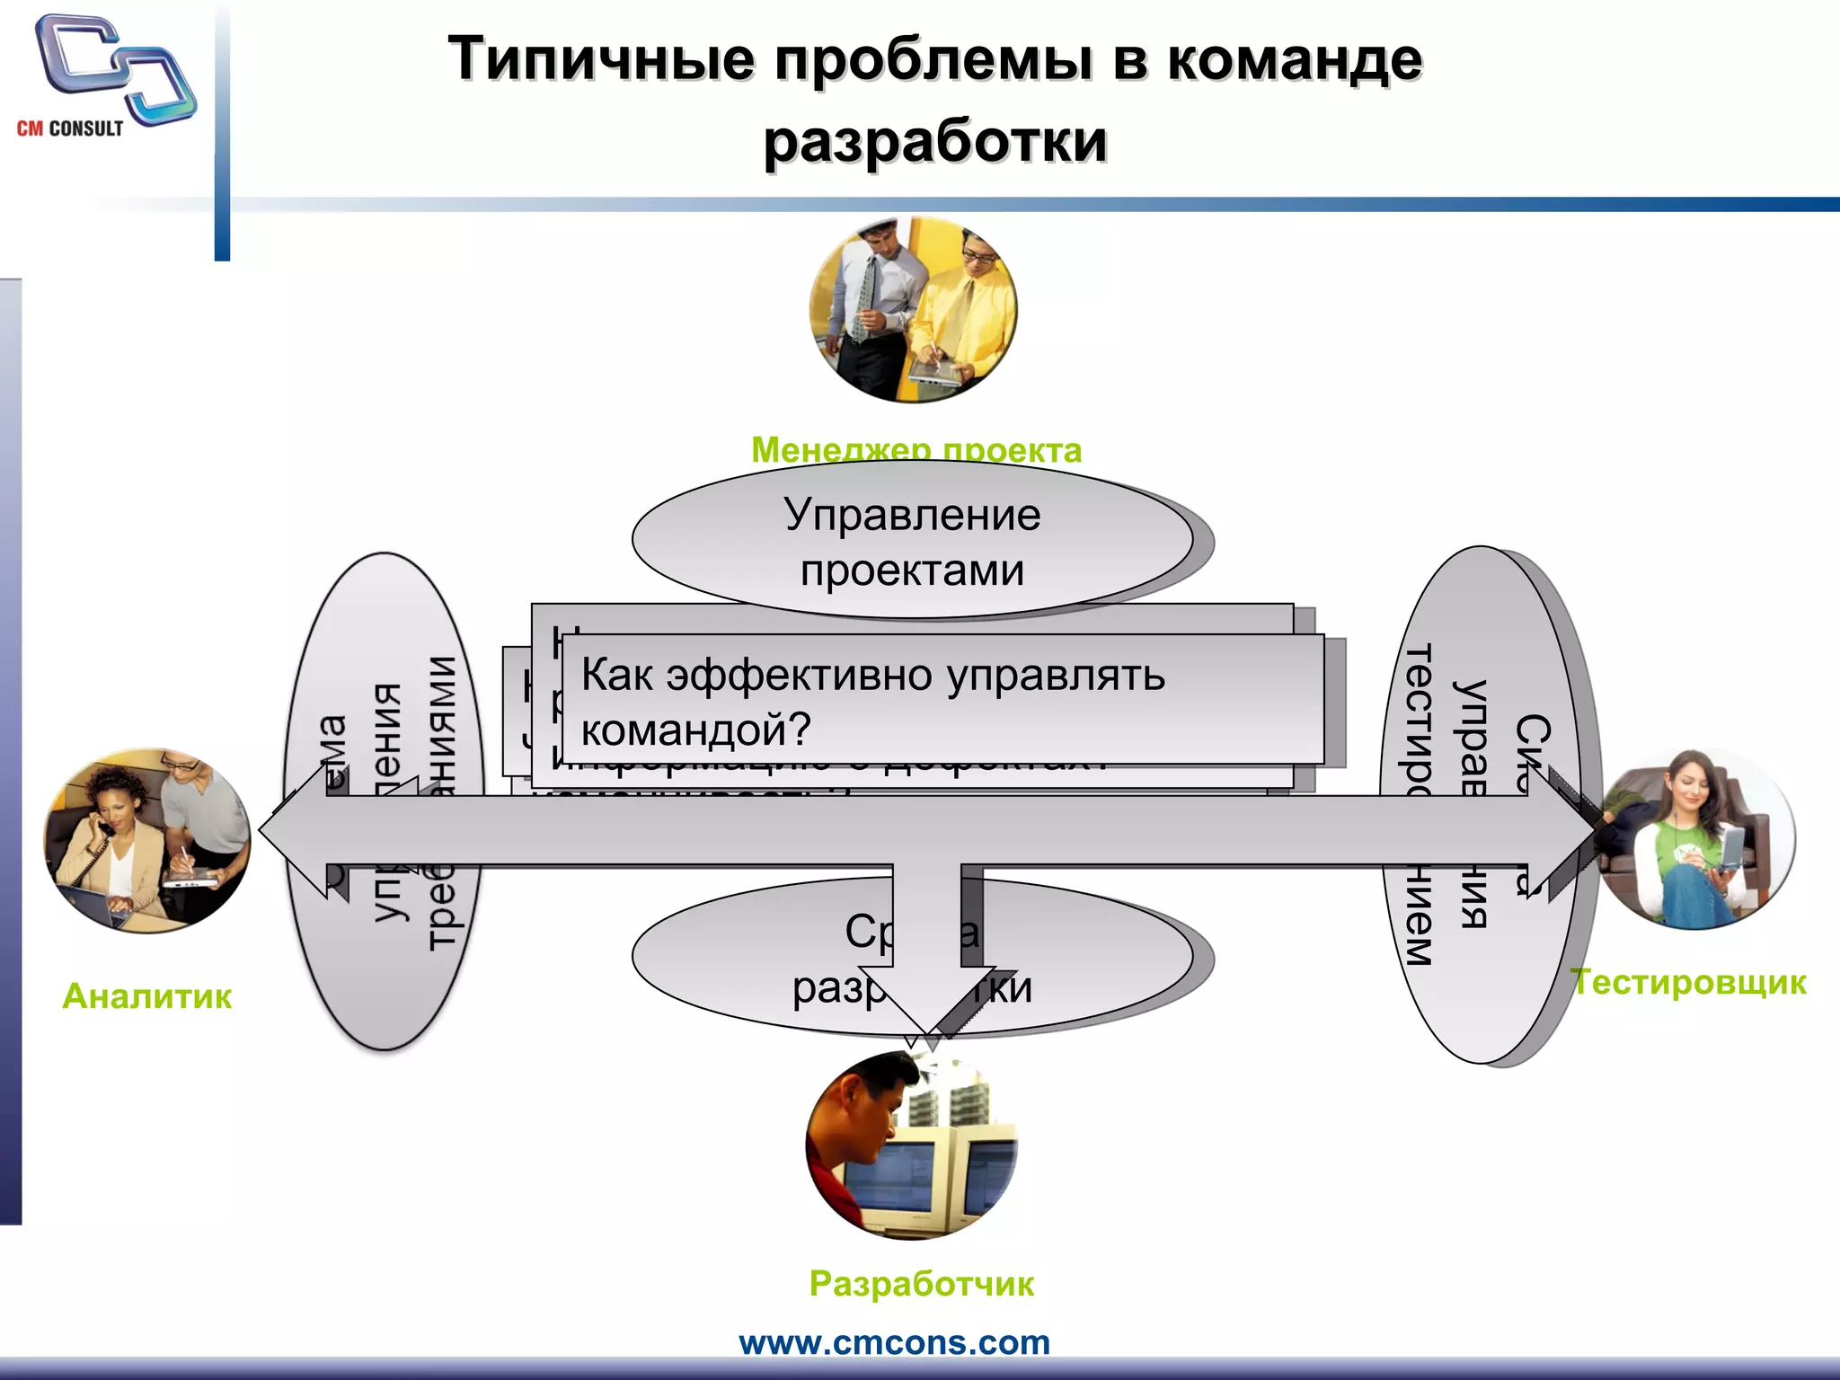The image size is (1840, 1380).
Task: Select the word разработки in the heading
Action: (x=934, y=141)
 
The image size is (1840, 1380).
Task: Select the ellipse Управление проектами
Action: (x=912, y=540)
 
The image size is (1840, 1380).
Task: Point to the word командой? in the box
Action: (x=695, y=729)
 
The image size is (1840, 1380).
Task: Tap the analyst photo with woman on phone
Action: (x=147, y=841)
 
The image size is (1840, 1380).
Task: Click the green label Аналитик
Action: (x=147, y=995)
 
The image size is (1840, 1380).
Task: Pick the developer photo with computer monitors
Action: (x=913, y=1146)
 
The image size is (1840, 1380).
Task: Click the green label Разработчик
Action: (x=921, y=1283)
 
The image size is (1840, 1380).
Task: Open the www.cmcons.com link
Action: (x=894, y=1342)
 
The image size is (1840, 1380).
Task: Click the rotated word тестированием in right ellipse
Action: (x=1418, y=804)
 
